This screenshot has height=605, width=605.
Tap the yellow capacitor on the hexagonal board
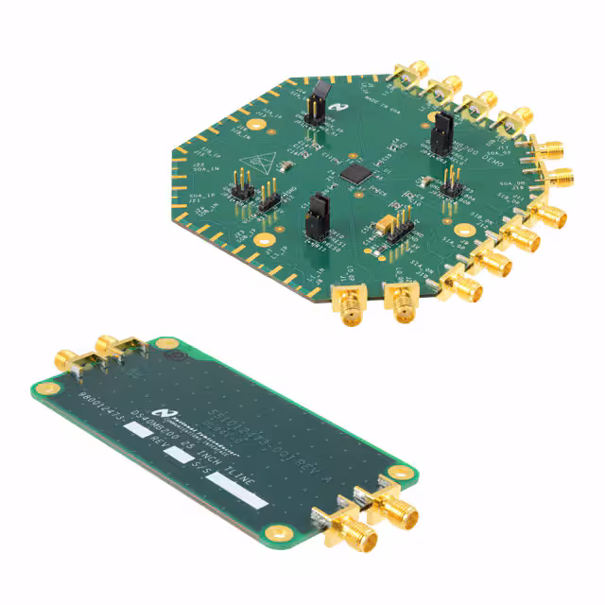click(x=384, y=224)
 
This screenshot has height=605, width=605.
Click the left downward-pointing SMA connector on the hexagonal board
click(x=346, y=302)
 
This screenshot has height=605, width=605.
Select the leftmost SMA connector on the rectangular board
click(x=70, y=359)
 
